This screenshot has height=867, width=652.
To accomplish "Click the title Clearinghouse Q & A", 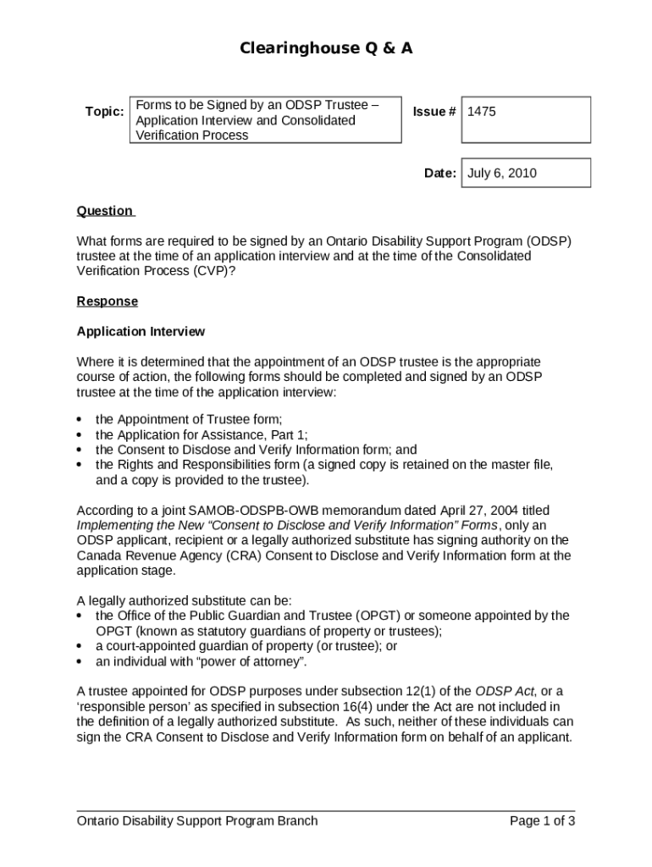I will click(325, 49).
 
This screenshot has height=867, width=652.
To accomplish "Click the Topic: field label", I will click(104, 112).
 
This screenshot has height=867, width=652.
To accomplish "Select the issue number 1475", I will click(482, 112).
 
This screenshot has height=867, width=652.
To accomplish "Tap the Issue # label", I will click(434, 112).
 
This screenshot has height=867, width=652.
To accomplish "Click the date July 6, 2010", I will click(502, 174).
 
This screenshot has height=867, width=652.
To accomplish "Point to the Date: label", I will click(440, 174).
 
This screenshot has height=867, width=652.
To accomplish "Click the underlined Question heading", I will click(105, 211).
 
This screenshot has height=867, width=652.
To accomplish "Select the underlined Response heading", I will click(107, 301).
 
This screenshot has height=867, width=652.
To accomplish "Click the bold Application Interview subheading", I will click(141, 331).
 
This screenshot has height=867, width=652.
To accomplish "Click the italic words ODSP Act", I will click(500, 691).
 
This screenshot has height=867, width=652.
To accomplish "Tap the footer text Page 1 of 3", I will click(542, 820).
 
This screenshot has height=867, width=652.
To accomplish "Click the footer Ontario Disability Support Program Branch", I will click(197, 820).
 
